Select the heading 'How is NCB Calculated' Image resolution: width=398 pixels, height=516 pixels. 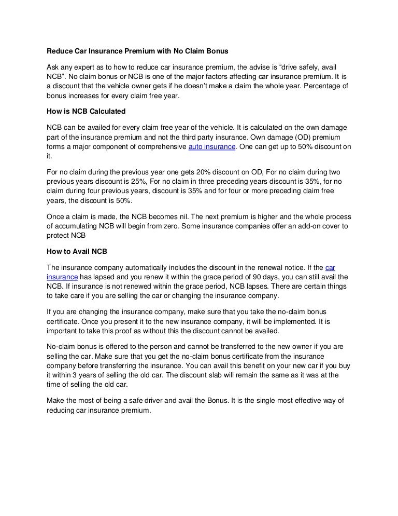pyautogui.click(x=86, y=111)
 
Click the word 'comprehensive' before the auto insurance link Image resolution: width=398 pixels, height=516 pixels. pyautogui.click(x=162, y=147)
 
